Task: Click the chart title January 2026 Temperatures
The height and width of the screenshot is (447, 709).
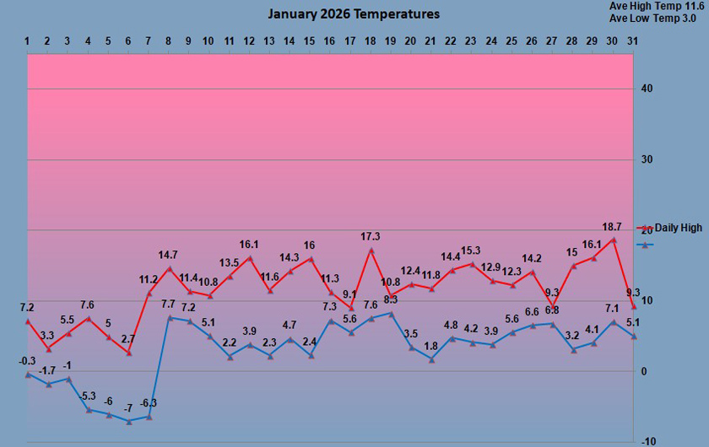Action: tap(354, 14)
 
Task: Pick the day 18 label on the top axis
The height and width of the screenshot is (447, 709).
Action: tap(370, 40)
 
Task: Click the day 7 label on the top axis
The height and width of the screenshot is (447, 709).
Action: tap(149, 40)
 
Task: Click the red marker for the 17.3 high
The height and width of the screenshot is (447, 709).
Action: tap(371, 250)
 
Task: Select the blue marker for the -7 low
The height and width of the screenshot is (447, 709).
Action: tap(129, 421)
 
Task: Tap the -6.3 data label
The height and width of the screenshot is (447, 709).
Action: tap(149, 403)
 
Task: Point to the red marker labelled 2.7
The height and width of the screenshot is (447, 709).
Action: tap(129, 353)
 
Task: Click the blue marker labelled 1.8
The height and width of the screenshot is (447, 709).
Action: tap(431, 359)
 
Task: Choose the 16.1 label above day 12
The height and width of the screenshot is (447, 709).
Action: tap(251, 245)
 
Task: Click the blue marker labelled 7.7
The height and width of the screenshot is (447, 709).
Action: tap(170, 317)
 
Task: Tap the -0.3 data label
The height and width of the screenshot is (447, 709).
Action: tap(27, 361)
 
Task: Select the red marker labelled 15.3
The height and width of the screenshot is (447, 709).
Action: tap(472, 263)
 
